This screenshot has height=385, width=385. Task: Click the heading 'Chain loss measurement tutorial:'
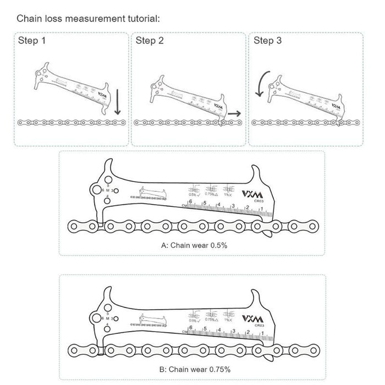coord(88,18)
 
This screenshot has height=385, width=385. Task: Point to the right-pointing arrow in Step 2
coord(234,113)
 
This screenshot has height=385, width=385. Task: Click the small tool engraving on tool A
coord(147,194)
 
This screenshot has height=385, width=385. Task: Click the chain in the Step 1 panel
coord(71,123)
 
